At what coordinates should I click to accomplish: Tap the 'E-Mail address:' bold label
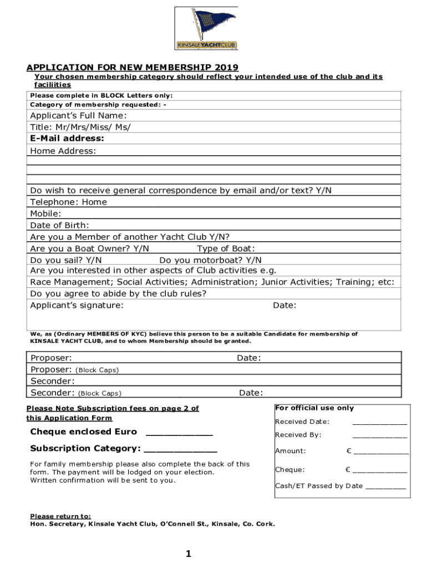[x=67, y=139]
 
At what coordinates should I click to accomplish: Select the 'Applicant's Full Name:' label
[x=78, y=115]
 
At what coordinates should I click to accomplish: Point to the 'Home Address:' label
[x=63, y=151]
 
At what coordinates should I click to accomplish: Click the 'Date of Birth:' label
[x=59, y=225]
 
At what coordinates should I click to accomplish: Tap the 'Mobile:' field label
[x=45, y=214]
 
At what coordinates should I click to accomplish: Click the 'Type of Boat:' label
[x=226, y=248]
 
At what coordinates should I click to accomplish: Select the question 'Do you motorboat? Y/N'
[x=210, y=260]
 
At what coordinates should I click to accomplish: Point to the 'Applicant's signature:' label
[x=77, y=306]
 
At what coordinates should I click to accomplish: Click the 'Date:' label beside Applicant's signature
[x=284, y=306]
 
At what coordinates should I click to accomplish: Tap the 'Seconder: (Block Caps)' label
[x=76, y=393]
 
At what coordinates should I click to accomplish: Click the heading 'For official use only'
[x=314, y=408]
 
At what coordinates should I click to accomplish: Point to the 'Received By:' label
[x=298, y=435]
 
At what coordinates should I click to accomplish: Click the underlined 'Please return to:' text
[x=60, y=516]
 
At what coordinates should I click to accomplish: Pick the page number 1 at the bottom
[x=189, y=554]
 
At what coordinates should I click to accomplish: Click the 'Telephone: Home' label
[x=68, y=202]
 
